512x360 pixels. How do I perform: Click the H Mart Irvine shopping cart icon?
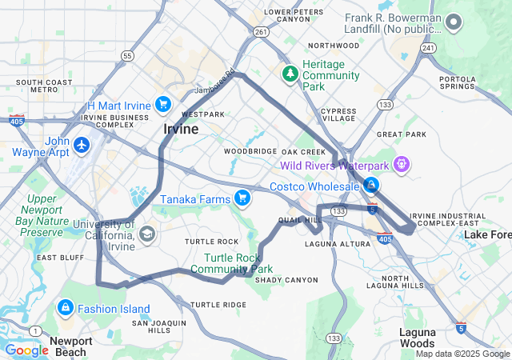163,105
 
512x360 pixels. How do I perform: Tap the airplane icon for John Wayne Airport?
82,146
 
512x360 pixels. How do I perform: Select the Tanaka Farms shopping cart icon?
242,198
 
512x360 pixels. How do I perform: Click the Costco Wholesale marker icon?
370,186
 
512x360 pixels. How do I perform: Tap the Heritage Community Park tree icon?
290,74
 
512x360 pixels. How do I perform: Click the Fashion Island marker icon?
65,308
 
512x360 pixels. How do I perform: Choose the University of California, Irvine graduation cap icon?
146,234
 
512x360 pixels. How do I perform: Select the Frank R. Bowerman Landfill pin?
454,22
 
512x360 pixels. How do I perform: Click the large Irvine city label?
181,129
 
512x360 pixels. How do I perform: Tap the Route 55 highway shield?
128,55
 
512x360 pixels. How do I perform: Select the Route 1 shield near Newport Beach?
34,331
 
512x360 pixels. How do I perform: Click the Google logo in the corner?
26,350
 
